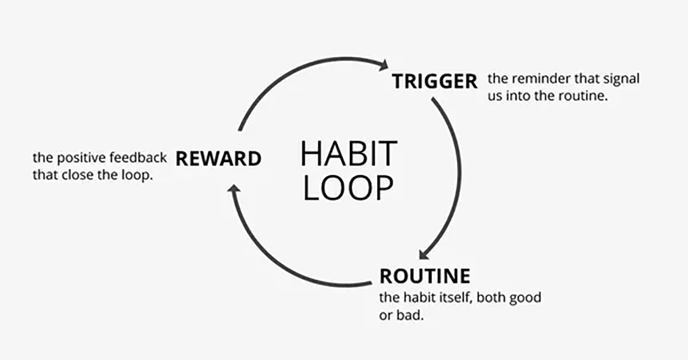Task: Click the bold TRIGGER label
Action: tap(435, 81)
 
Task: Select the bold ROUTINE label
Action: tap(425, 276)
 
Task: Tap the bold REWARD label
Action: tap(218, 159)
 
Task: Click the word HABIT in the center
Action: tap(349, 154)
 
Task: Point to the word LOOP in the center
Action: tap(349, 188)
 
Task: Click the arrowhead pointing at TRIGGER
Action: tap(383, 65)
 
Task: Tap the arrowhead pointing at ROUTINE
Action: tap(425, 254)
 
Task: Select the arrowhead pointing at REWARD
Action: tap(234, 189)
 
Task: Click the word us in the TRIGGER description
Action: tap(494, 97)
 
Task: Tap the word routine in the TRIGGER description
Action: tap(583, 96)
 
